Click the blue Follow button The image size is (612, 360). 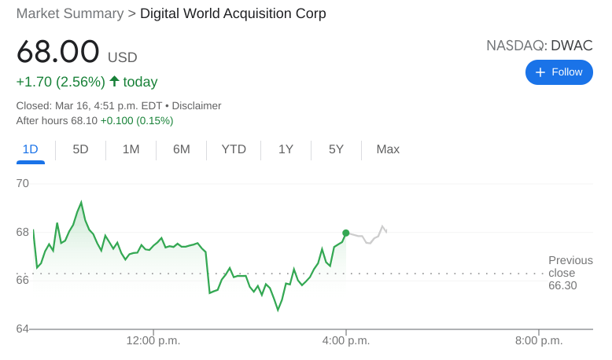coord(559,72)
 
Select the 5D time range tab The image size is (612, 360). coord(80,149)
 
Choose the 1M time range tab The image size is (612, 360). coord(131,149)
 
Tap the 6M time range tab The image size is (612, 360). coord(181,149)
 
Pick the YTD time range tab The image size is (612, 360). coord(234,149)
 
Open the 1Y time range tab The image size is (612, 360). coord(286,149)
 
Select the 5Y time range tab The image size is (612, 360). coord(336,149)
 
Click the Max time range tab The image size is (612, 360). coord(388,149)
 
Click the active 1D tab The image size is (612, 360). coord(31,149)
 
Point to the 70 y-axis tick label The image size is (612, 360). coord(23,183)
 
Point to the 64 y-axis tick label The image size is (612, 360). coord(23,329)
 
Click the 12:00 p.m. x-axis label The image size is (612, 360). coord(153,340)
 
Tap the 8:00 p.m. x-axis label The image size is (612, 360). coord(539,340)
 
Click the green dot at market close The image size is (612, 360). coord(345,233)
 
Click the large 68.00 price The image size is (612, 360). coord(58,52)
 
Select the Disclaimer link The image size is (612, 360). coord(197,105)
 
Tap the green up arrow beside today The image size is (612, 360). coord(114,81)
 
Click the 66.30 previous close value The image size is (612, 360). coord(562,285)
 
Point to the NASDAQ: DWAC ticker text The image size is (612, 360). coord(539,46)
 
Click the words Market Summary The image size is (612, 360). coord(70,13)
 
